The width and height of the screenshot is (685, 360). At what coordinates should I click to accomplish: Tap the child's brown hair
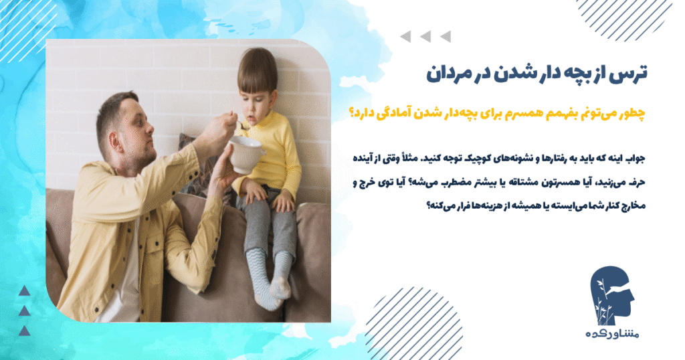tap(257, 70)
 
